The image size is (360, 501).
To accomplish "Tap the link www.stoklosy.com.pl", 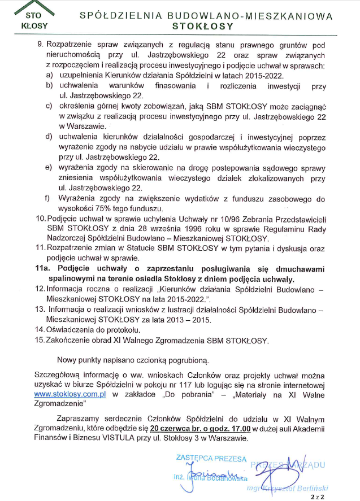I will tap(71, 394).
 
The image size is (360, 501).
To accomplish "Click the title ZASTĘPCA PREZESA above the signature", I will tap(211, 458).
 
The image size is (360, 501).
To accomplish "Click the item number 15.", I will tap(40, 340).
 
